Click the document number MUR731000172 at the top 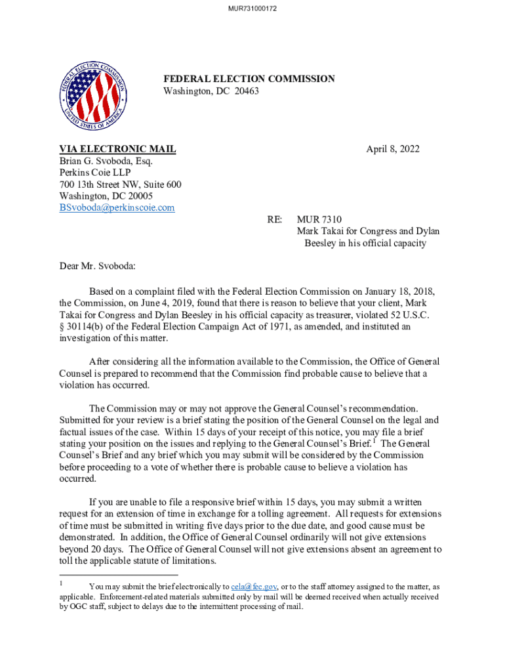coord(253,9)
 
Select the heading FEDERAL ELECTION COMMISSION coord(249,79)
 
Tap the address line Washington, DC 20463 coord(211,91)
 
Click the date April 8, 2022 coord(392,149)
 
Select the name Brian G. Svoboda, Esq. coord(106,161)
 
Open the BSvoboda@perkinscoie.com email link coord(117,208)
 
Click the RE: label coord(275,219)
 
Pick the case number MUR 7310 coord(319,219)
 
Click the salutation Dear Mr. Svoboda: coord(97,266)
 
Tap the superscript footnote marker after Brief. coord(373,440)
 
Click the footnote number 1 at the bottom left coord(62,583)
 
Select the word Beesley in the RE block coord(321,243)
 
